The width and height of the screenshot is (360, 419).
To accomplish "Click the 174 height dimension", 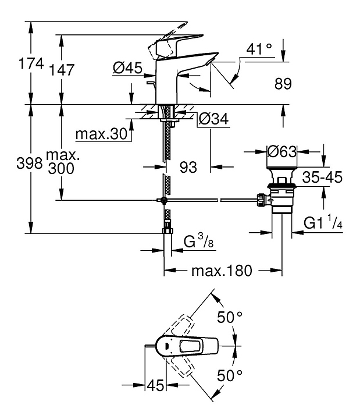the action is point(31,64).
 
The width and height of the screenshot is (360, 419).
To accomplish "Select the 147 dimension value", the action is point(62,70).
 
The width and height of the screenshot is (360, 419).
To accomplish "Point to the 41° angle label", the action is point(259,49).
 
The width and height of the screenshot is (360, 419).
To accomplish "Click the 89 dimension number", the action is point(283,84).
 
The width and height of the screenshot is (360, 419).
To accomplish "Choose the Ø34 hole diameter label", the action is point(214,119).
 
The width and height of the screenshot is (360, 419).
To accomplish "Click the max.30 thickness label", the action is point(101,134).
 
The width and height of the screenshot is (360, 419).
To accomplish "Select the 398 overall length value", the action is point(30,163).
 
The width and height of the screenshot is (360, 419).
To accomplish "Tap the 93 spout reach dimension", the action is point(188,167).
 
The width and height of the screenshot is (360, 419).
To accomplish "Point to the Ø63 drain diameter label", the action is point(282,151).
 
